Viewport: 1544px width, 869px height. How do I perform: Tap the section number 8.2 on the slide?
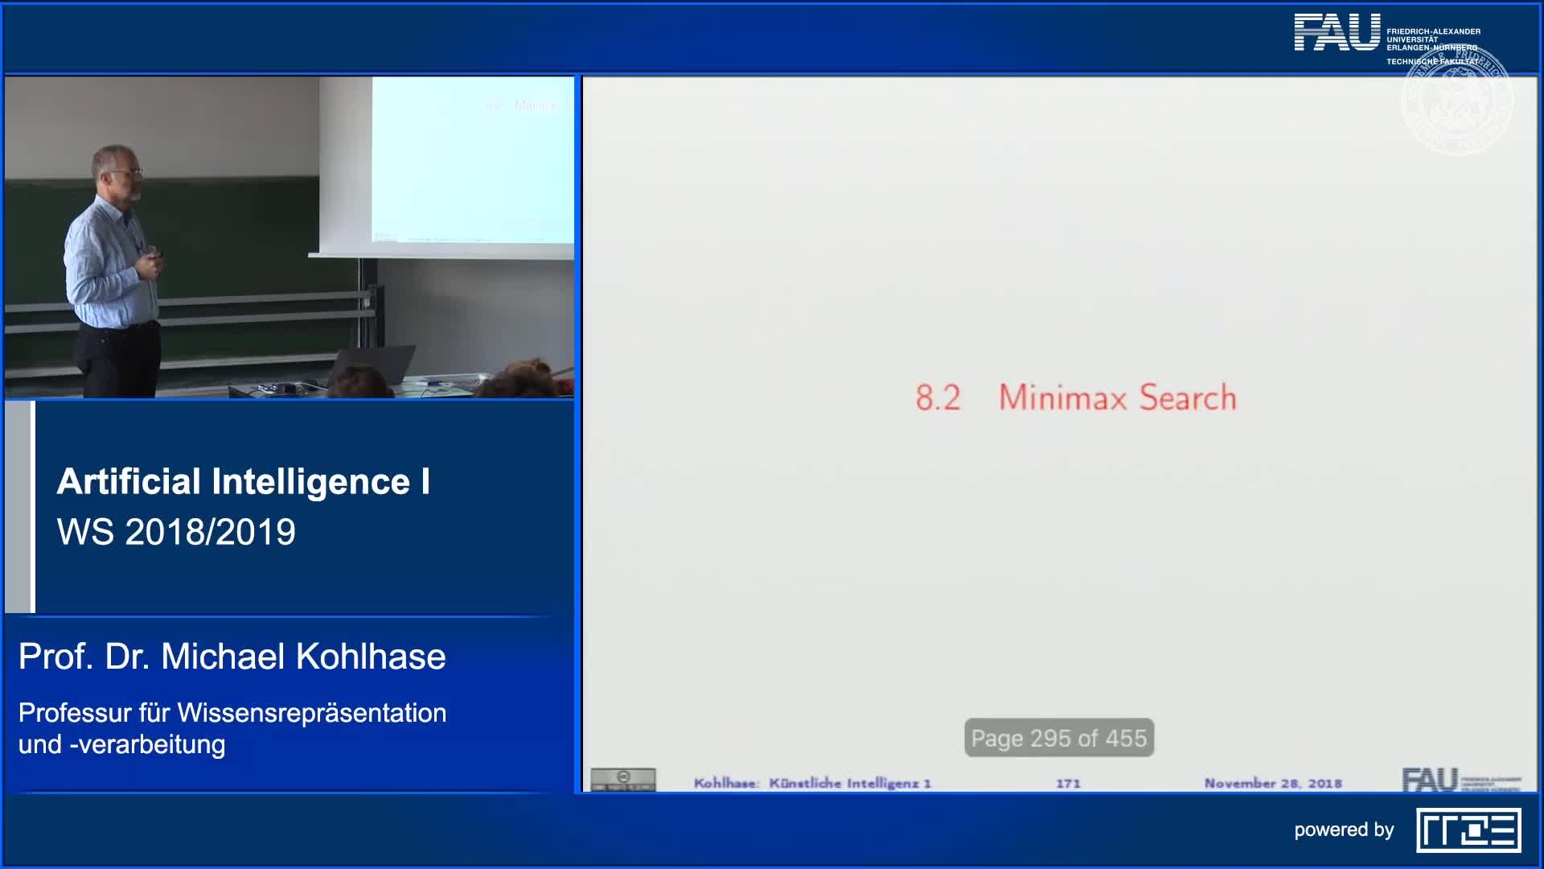click(938, 397)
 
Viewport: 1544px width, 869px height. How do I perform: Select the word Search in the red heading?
click(1188, 397)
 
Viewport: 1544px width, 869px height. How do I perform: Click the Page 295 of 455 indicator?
click(1058, 738)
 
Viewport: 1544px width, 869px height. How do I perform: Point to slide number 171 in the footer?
click(1068, 783)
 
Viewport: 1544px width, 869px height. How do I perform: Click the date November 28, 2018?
click(1272, 783)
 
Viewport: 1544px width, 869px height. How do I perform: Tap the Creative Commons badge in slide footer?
click(623, 779)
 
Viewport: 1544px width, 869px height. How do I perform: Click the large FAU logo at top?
click(1337, 33)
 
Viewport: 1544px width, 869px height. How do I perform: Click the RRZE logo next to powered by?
click(1468, 830)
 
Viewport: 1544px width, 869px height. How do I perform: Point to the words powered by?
click(1343, 830)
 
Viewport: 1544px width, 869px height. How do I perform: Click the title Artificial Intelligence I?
click(243, 481)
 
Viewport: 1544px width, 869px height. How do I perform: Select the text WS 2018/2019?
click(176, 532)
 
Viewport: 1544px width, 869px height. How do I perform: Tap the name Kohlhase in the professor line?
click(371, 657)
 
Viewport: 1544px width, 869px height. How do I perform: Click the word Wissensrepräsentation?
click(312, 713)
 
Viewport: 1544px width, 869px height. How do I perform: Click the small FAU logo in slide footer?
click(1430, 779)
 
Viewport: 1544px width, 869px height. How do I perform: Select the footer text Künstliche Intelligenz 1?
click(849, 783)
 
